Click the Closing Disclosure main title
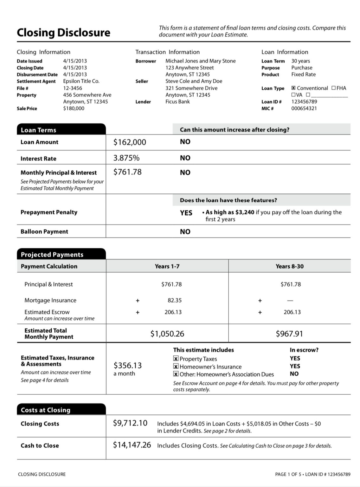coord(63,33)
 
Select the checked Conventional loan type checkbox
coord(293,88)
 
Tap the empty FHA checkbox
coord(333,88)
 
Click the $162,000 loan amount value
coord(130,142)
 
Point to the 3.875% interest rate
coord(126,158)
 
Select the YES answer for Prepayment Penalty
coord(186,213)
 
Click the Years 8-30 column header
coord(289,266)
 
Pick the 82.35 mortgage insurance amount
coord(175,300)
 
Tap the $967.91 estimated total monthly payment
coord(289,334)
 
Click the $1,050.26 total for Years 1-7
coord(167,334)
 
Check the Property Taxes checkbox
coord(176,359)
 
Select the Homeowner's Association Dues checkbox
coord(176,374)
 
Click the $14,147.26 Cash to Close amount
coord(132,445)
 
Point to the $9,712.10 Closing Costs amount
coord(130,423)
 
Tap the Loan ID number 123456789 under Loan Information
coord(304,102)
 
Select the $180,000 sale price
coord(74,108)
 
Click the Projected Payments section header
coord(52,255)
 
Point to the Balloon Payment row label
coord(44,232)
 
